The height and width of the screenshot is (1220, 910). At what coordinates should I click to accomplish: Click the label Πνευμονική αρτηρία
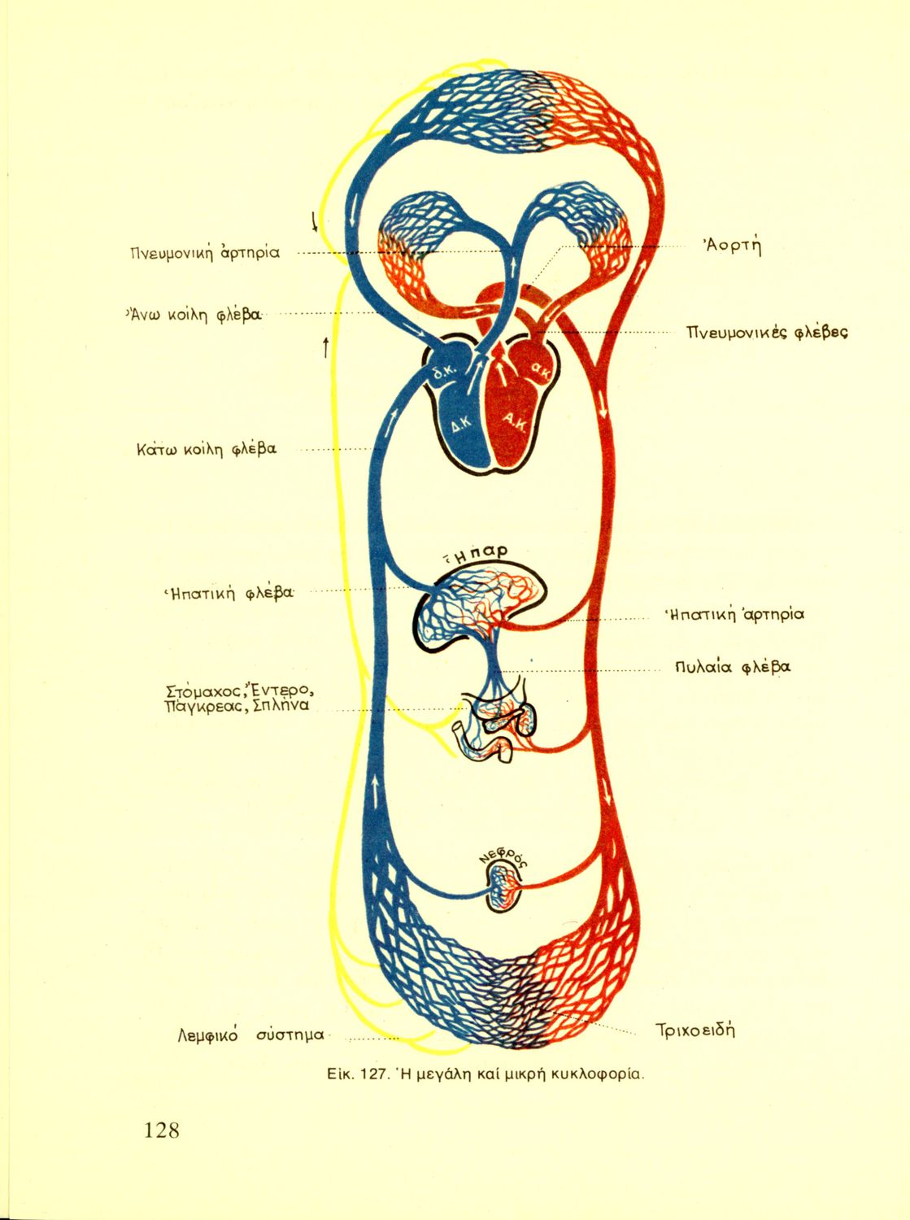204,252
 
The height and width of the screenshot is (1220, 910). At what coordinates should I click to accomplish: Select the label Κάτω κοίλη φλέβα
207,448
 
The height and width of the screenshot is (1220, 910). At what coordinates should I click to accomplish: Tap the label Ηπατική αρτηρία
734,614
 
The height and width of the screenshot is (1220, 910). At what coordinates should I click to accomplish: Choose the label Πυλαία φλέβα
732,667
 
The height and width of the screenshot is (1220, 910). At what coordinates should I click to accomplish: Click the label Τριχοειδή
695,1030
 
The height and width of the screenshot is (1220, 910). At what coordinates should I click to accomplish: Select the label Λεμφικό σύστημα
250,1035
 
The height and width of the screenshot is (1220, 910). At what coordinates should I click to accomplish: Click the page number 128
161,1130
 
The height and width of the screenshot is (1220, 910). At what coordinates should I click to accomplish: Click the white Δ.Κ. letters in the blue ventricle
461,425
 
